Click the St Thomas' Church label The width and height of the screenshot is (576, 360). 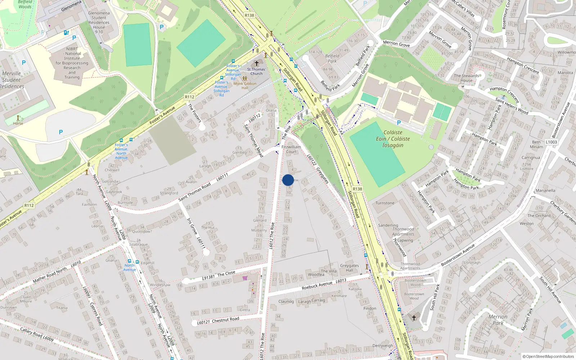(x=256, y=71)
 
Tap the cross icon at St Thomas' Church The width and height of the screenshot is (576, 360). (x=257, y=63)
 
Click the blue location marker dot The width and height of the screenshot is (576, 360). (x=288, y=180)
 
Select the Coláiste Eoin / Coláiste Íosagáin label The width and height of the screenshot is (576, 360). (x=393, y=139)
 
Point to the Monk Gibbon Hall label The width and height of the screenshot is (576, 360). (x=245, y=86)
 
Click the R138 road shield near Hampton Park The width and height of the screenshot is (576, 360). (x=357, y=189)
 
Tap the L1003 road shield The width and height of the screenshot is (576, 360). (x=551, y=142)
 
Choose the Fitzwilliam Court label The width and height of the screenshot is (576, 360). (x=291, y=149)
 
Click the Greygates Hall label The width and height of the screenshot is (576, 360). (x=350, y=268)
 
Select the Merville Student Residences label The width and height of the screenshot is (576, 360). (x=12, y=80)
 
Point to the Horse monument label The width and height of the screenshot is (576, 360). (x=18, y=123)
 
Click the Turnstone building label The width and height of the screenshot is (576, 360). (x=385, y=203)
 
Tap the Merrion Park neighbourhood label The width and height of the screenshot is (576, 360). (x=498, y=320)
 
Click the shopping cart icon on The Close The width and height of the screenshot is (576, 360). (x=245, y=278)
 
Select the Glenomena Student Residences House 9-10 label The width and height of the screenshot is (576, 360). (x=99, y=22)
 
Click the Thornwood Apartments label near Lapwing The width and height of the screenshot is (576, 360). (x=403, y=231)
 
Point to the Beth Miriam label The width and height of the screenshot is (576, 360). (x=536, y=144)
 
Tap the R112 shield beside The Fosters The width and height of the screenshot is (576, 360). (x=190, y=97)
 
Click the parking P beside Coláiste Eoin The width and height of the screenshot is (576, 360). (x=399, y=123)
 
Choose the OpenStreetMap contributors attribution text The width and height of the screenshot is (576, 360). (x=548, y=356)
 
